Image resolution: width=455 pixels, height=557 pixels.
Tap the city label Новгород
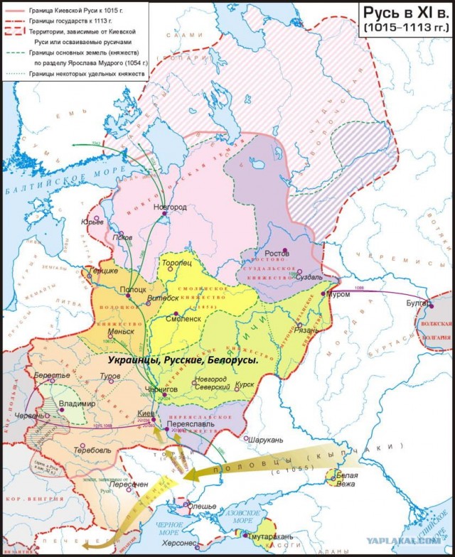(x=170, y=207)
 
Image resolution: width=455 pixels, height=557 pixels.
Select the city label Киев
(x=145, y=413)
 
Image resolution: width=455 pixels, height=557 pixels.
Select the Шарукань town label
(x=267, y=439)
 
